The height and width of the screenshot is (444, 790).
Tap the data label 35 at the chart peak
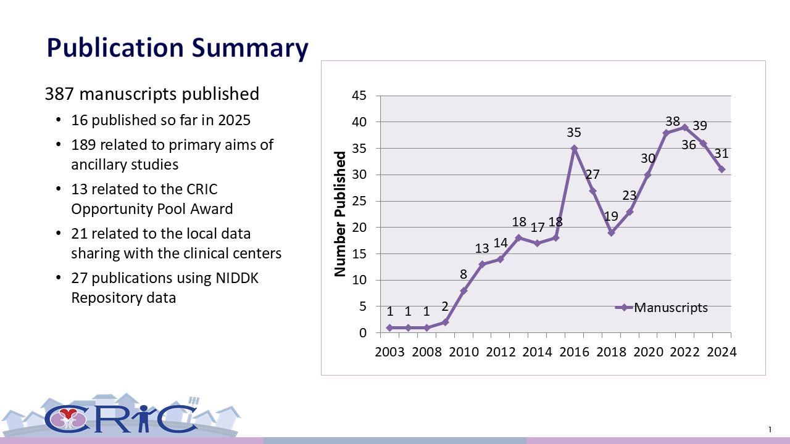pyautogui.click(x=574, y=133)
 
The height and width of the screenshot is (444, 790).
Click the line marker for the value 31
pyautogui.click(x=721, y=169)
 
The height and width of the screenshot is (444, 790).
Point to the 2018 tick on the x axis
pyautogui.click(x=611, y=352)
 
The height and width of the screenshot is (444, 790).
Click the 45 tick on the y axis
pyautogui.click(x=359, y=96)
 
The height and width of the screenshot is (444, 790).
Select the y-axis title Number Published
pyautogui.click(x=340, y=213)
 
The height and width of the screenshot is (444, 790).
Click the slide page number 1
pyautogui.click(x=770, y=429)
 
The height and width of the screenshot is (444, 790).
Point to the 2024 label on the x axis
pyautogui.click(x=721, y=352)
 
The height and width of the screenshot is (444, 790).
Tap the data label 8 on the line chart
pyautogui.click(x=464, y=275)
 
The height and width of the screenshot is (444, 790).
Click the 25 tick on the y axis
pyautogui.click(x=359, y=202)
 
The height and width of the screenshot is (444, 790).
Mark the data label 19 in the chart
pyautogui.click(x=611, y=216)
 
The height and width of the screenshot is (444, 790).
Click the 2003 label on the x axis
pyautogui.click(x=389, y=352)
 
